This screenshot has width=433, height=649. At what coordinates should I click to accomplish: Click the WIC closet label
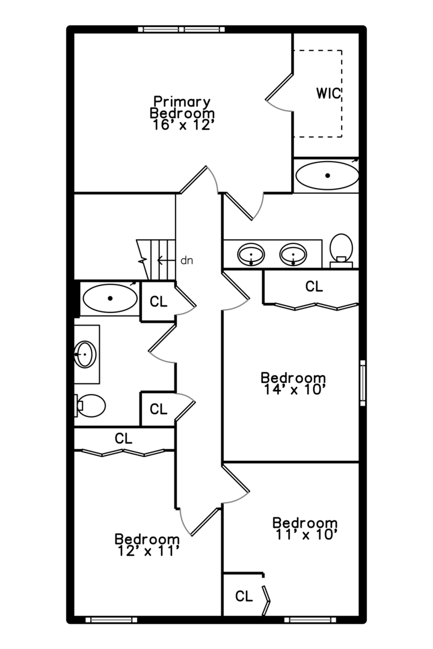328,93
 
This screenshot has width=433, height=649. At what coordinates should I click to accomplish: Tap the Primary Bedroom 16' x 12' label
182,114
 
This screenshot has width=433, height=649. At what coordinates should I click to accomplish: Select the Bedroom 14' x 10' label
293,383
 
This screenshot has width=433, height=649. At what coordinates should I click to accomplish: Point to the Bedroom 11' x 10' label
305,529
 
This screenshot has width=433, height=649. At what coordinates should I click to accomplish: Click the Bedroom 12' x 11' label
147,545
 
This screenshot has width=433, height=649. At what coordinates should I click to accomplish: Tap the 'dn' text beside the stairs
187,261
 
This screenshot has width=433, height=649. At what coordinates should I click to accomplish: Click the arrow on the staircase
166,260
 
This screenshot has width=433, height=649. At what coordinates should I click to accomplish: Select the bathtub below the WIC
327,175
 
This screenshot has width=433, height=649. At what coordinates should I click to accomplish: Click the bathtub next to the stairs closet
110,298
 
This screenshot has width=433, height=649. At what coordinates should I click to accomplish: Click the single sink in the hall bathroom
85,355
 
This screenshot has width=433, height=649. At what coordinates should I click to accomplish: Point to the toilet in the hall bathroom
90,406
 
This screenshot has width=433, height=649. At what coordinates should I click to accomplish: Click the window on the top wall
182,29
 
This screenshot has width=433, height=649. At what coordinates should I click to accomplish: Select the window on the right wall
363,383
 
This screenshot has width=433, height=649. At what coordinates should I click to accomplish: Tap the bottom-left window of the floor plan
111,620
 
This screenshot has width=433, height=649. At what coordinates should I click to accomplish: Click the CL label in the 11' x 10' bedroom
244,596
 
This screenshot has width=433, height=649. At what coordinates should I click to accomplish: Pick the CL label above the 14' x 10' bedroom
314,286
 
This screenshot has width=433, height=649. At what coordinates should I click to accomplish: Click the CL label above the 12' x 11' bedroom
123,438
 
